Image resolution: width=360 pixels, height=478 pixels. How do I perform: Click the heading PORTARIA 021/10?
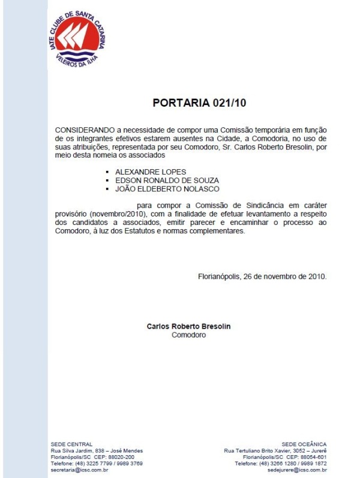[x=191, y=103]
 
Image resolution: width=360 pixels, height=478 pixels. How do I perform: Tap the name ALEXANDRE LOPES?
[x=150, y=172]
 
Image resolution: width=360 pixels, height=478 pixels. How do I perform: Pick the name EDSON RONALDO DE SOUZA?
[x=167, y=180]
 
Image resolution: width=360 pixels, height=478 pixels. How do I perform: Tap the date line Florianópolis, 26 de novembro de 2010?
[x=262, y=276]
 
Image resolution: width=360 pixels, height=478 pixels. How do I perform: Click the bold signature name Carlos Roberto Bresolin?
[x=188, y=327]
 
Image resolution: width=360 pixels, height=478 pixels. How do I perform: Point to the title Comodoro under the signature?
[x=188, y=335]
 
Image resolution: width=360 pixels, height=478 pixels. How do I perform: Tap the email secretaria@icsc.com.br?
[x=79, y=470]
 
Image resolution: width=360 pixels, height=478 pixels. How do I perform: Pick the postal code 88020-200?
[x=121, y=457]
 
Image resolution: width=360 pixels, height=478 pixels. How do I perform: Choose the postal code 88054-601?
[x=314, y=457]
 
